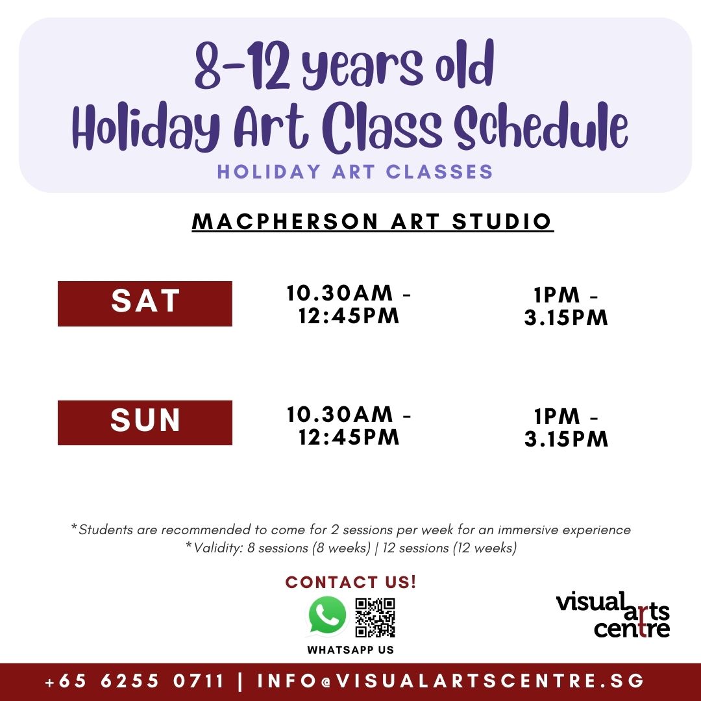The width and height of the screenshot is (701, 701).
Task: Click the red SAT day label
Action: tap(145, 303)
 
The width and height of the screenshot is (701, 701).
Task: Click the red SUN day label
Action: tap(145, 423)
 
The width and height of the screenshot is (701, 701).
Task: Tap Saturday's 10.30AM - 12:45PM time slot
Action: tap(349, 304)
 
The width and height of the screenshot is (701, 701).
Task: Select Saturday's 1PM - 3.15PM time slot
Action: tap(566, 306)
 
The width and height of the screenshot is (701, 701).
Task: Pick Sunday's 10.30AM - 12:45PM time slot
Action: tap(349, 425)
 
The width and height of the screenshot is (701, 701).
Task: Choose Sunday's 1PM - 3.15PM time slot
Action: tap(566, 428)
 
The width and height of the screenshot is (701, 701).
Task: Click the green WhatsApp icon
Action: tap(327, 616)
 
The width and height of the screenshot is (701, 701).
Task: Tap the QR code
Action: tap(375, 617)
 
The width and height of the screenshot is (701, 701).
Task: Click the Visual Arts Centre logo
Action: tap(613, 614)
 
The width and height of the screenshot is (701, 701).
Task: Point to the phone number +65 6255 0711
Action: tap(134, 682)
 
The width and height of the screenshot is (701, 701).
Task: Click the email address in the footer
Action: tap(451, 682)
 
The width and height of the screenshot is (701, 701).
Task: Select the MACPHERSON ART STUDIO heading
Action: tap(373, 221)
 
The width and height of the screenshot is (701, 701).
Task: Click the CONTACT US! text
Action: tap(350, 582)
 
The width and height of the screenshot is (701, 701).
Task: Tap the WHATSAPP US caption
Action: tap(350, 650)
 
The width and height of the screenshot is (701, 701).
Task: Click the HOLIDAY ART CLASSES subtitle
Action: tap(355, 172)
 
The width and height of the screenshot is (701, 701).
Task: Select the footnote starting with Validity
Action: tap(351, 548)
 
